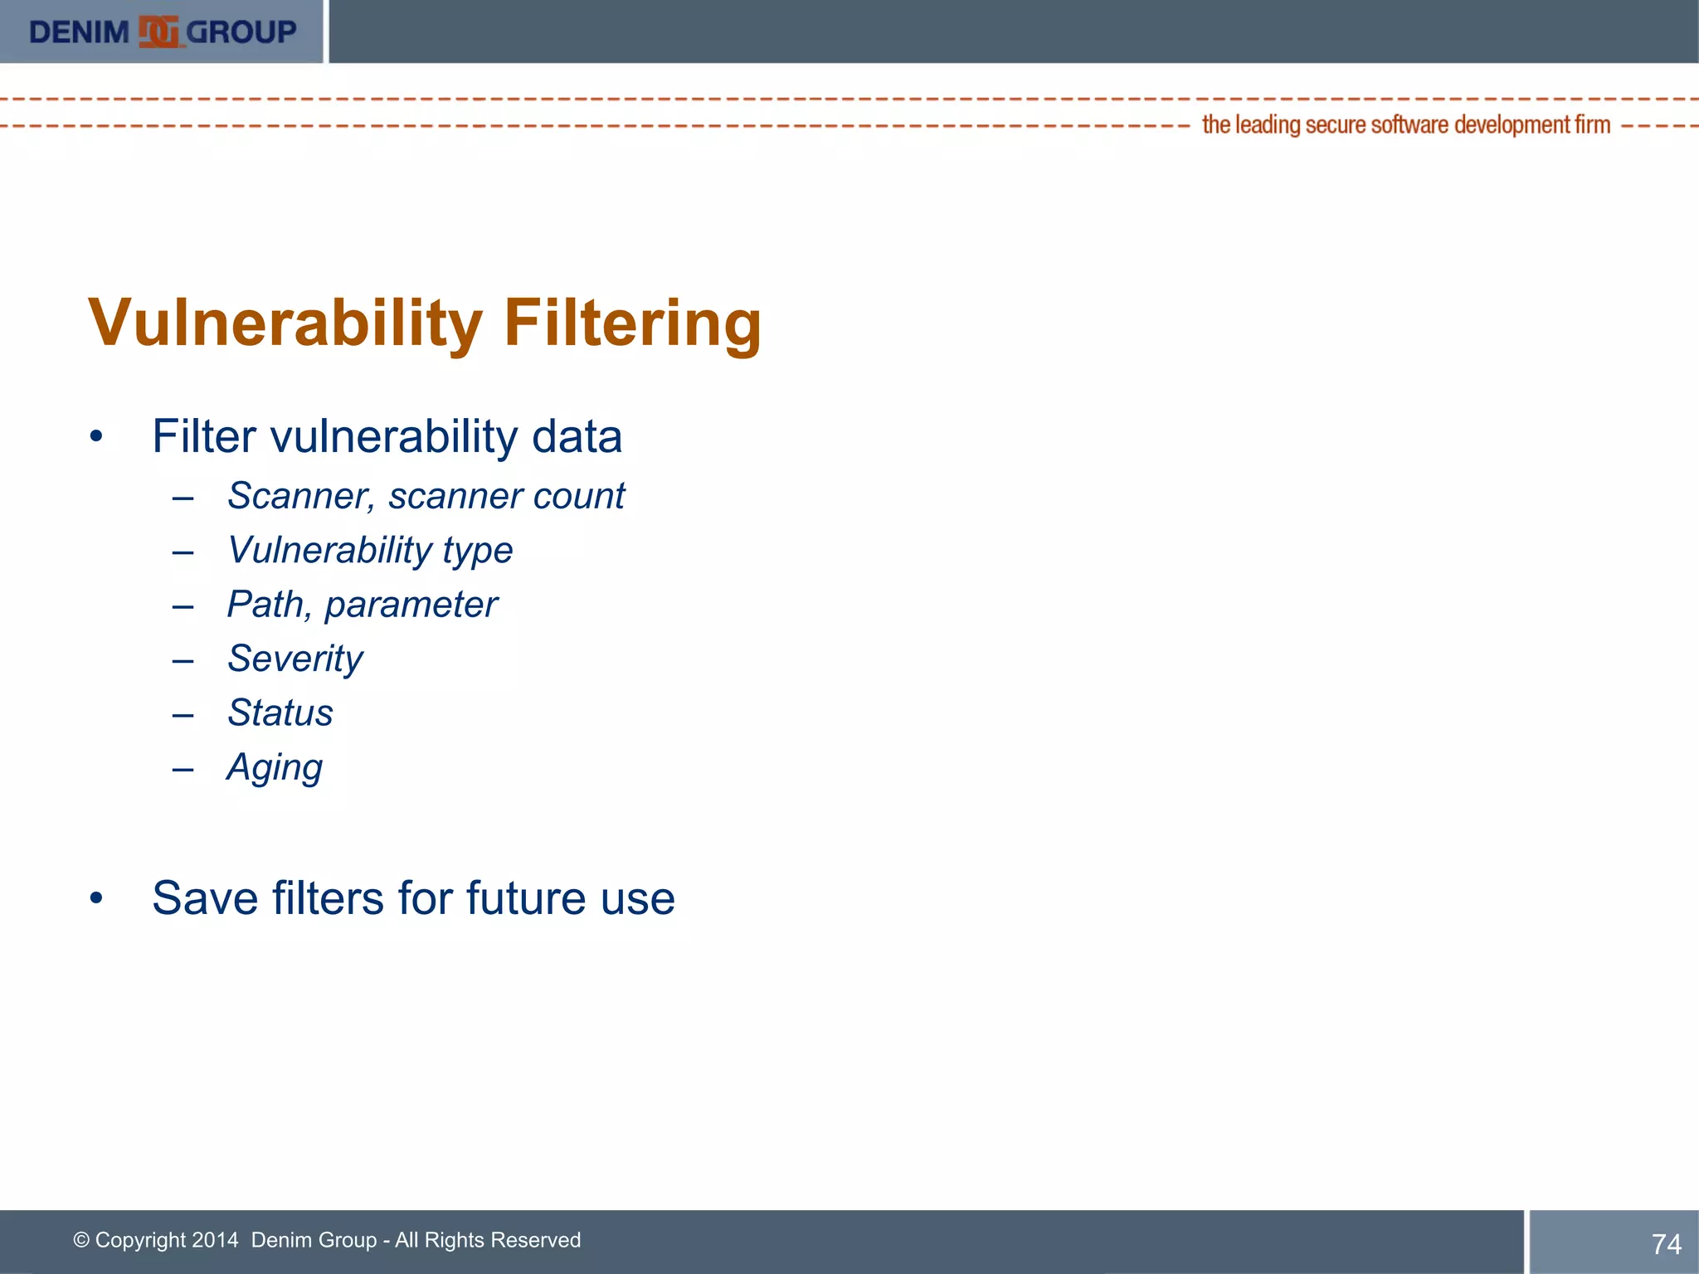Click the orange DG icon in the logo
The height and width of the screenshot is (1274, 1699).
pos(158,32)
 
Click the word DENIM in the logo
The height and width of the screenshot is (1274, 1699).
pos(80,32)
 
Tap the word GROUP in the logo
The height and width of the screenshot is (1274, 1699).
pos(241,32)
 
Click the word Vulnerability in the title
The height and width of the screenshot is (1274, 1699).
pos(285,323)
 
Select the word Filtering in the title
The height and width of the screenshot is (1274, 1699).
pos(632,323)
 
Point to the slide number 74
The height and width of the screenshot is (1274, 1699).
pos(1666,1244)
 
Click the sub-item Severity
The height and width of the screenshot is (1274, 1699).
pos(295,659)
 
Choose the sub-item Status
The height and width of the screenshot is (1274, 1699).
pos(280,713)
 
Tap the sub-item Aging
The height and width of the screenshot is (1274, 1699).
pos(275,768)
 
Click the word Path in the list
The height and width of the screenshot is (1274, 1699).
pos(265,605)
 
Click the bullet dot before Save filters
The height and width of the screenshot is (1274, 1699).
pos(96,898)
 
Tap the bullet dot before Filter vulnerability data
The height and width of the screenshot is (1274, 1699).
pos(96,436)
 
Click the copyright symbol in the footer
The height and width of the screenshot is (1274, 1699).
pos(81,1240)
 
